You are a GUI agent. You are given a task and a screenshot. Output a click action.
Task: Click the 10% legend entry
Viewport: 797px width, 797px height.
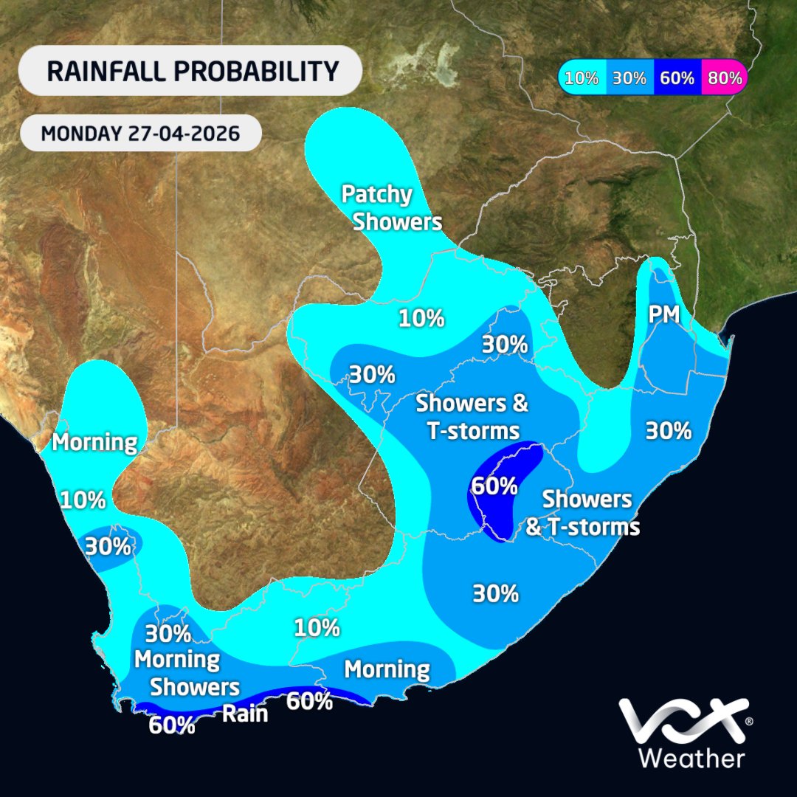(582, 78)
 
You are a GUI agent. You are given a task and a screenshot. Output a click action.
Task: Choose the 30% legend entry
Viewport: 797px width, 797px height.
(629, 78)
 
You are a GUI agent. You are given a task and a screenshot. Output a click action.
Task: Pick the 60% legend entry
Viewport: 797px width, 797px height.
(677, 78)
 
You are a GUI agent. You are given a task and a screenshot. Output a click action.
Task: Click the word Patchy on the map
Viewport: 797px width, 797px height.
(376, 195)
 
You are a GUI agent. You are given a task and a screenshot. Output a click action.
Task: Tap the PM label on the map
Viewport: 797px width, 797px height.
(664, 316)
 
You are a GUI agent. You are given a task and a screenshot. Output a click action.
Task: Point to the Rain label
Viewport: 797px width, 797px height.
(245, 714)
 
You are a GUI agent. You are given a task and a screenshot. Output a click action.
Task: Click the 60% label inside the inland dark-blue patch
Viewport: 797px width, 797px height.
(494, 486)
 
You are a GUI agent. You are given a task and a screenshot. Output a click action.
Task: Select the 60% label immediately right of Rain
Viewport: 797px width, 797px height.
(309, 701)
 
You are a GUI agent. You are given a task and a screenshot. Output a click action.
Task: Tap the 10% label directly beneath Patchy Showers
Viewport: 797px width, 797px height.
(421, 319)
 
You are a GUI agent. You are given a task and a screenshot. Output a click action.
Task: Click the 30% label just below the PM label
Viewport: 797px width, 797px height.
(668, 430)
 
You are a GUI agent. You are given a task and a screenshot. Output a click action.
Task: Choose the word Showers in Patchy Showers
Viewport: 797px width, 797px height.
(397, 221)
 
